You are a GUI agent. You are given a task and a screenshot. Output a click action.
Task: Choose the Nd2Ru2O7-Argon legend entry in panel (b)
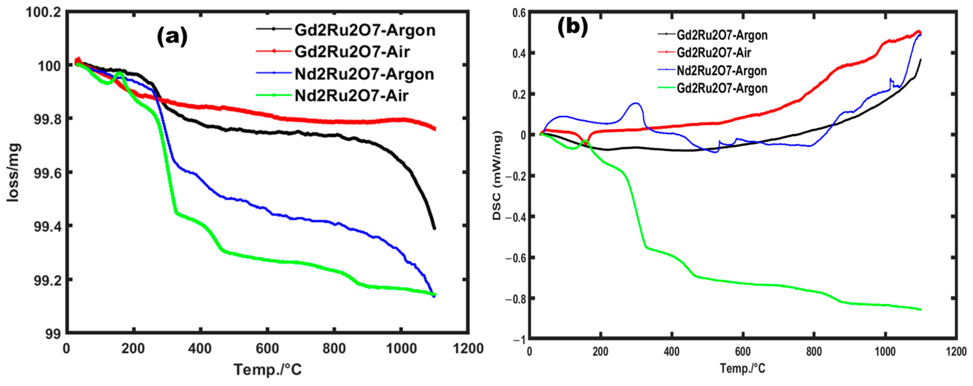(x=721, y=71)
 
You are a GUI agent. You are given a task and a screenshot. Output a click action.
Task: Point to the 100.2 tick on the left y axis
(x=43, y=12)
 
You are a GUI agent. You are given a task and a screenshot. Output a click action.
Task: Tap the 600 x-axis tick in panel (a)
(x=267, y=348)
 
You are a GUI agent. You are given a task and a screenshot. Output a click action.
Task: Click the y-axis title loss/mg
(x=13, y=173)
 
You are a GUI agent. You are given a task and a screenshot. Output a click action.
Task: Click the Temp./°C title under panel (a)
(x=268, y=369)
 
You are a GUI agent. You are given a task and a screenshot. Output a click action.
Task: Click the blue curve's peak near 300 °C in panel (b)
(x=636, y=103)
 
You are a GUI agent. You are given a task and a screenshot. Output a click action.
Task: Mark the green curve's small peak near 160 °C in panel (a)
(x=120, y=72)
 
